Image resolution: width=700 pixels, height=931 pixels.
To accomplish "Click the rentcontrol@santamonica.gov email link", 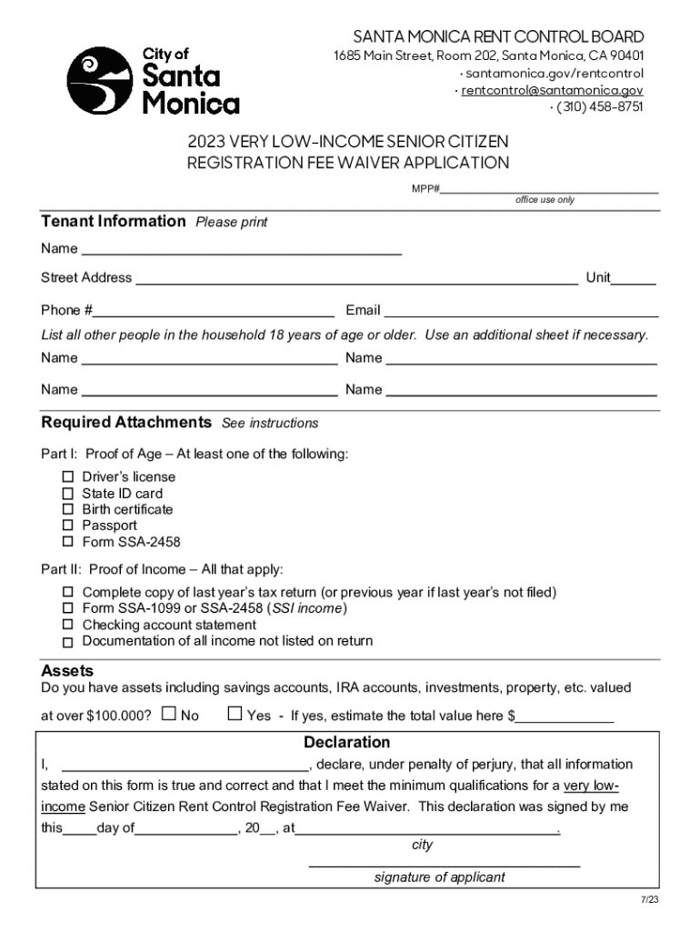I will [552, 90].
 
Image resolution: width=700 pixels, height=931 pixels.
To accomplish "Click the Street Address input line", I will [355, 278].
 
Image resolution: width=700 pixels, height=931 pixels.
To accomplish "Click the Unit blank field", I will [634, 278].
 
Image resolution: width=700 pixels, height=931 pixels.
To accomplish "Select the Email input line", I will [521, 310].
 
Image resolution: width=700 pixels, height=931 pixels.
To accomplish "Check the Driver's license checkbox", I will [67, 477].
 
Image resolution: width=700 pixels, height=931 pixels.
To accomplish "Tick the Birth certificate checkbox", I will [67, 510].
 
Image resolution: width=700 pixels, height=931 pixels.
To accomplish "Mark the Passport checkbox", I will [67, 526].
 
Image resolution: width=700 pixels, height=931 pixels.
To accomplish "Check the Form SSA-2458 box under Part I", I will [67, 542].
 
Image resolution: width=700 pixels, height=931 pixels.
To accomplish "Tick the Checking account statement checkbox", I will [67, 626].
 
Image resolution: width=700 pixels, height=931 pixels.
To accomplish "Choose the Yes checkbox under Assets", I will [234, 715].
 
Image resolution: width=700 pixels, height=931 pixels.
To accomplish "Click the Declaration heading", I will [347, 743].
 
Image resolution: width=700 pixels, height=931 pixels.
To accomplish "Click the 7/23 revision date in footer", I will [648, 899].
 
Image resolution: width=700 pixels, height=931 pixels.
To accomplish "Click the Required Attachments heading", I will [126, 423].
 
